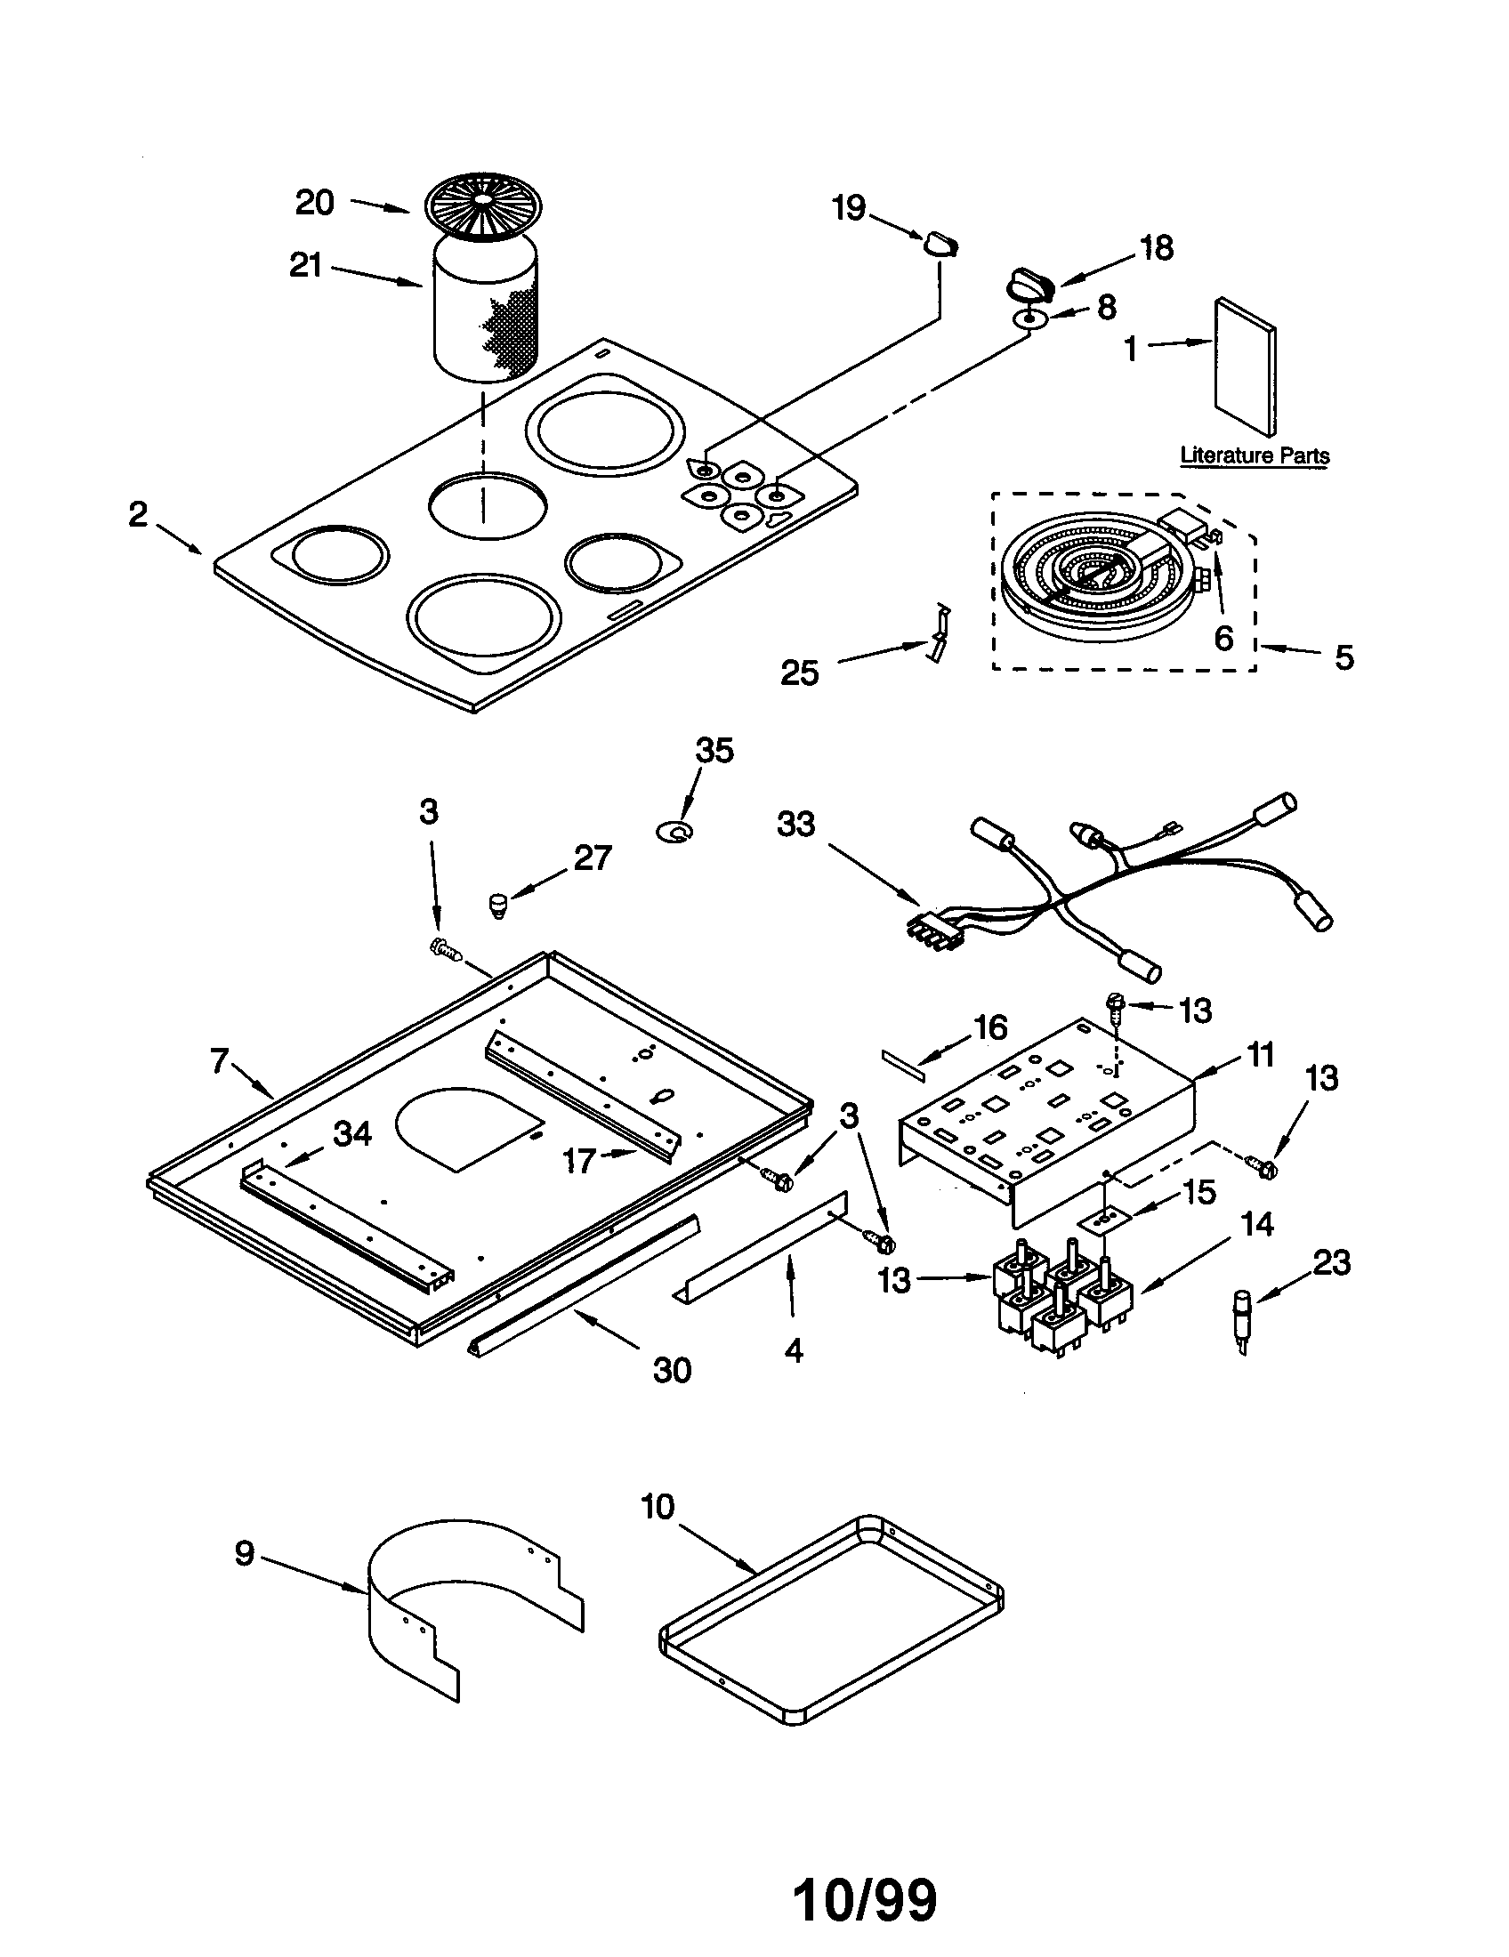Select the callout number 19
tap(849, 208)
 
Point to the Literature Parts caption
tap(1254, 455)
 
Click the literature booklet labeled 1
tap(1245, 366)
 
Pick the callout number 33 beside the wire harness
tap(795, 824)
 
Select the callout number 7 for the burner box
tap(220, 1061)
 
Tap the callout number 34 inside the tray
tap(351, 1133)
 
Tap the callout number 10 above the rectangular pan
tap(657, 1507)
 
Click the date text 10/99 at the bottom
tap(865, 1898)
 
